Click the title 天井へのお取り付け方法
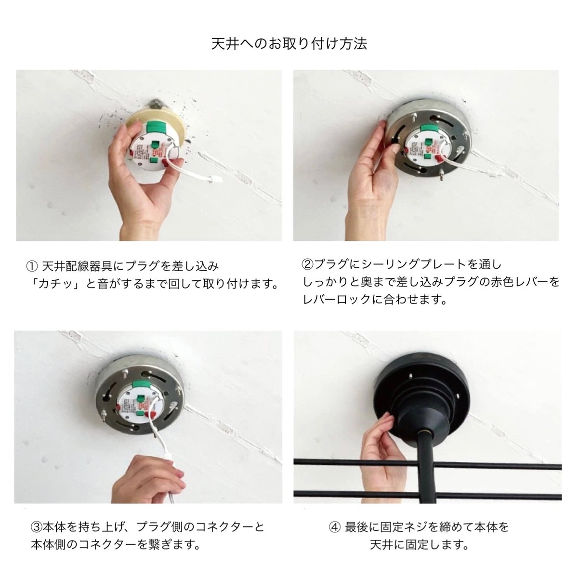click(x=289, y=44)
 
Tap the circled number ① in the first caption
click(x=31, y=266)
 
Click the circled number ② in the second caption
click(x=307, y=264)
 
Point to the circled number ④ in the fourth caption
click(x=334, y=527)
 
